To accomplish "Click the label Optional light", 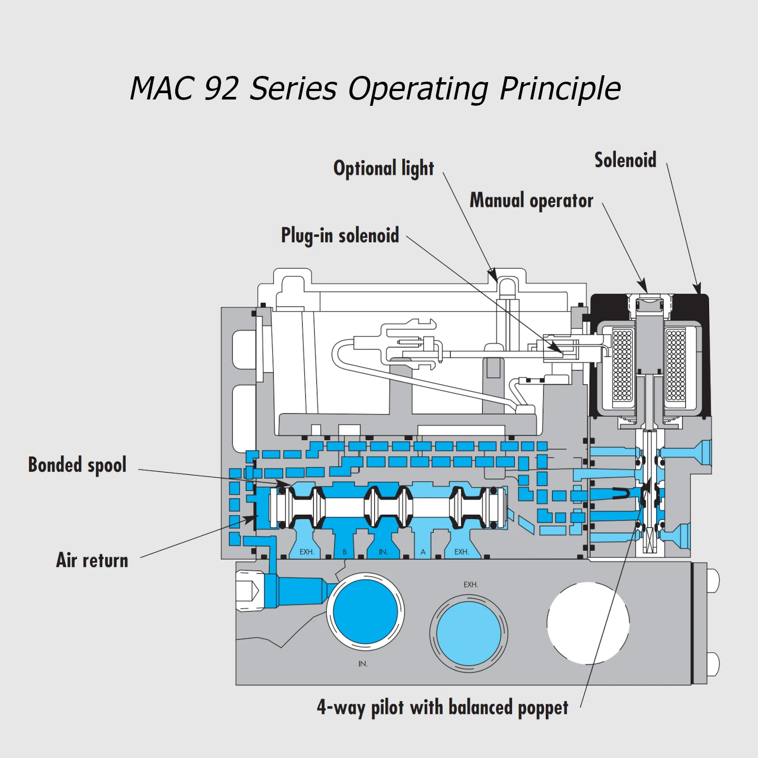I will [384, 168].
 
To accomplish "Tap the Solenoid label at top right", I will [625, 160].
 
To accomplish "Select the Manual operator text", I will [531, 201].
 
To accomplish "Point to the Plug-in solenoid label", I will [340, 235].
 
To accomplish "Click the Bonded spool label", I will [77, 465].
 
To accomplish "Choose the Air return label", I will [92, 560].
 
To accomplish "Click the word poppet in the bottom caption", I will [543, 708].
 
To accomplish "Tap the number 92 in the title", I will [221, 88].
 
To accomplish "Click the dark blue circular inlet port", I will [365, 612].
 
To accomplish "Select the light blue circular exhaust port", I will [468, 634].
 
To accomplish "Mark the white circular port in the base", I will [588, 623].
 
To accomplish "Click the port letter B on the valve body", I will [345, 552].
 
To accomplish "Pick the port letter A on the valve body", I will [423, 552].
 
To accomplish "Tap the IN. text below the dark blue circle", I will [363, 664].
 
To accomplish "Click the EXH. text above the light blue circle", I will [471, 585].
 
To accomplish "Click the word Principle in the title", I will [560, 88].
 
